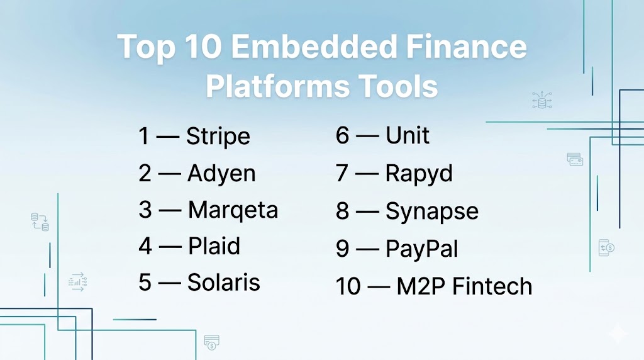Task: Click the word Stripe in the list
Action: [218, 137]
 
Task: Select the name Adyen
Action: [222, 174]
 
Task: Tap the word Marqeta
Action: [233, 210]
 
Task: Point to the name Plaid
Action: [214, 246]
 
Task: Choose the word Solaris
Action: [224, 283]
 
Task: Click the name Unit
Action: [408, 135]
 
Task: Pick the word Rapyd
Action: [419, 174]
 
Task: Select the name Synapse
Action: [432, 211]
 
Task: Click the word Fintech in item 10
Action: [492, 286]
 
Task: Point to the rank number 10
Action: [348, 286]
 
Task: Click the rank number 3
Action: [145, 210]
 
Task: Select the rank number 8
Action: [343, 211]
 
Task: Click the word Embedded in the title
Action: [314, 46]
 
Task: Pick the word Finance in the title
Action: [467, 46]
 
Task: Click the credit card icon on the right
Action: [575, 159]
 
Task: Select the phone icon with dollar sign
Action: [606, 248]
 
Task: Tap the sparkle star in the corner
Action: [618, 334]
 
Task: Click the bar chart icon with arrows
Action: [77, 282]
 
